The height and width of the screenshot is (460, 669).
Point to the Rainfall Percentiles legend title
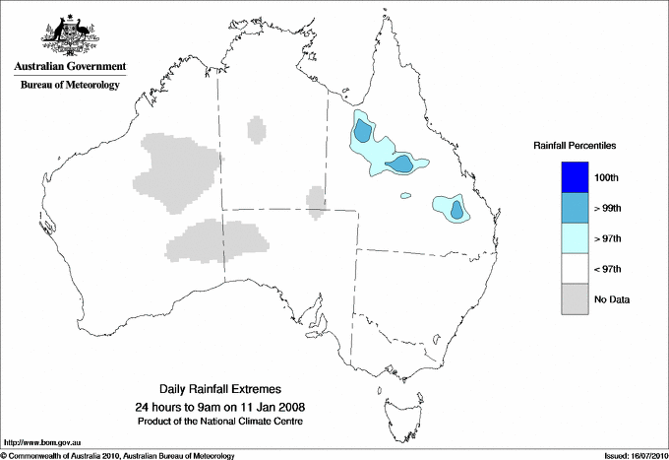tap(575, 146)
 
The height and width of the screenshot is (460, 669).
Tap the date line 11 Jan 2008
tap(219, 407)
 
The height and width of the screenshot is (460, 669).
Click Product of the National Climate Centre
tap(219, 422)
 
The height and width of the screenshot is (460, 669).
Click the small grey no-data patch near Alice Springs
tap(316, 200)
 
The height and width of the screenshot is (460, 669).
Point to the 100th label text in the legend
tap(606, 177)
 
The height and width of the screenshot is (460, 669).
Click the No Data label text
tap(611, 299)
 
